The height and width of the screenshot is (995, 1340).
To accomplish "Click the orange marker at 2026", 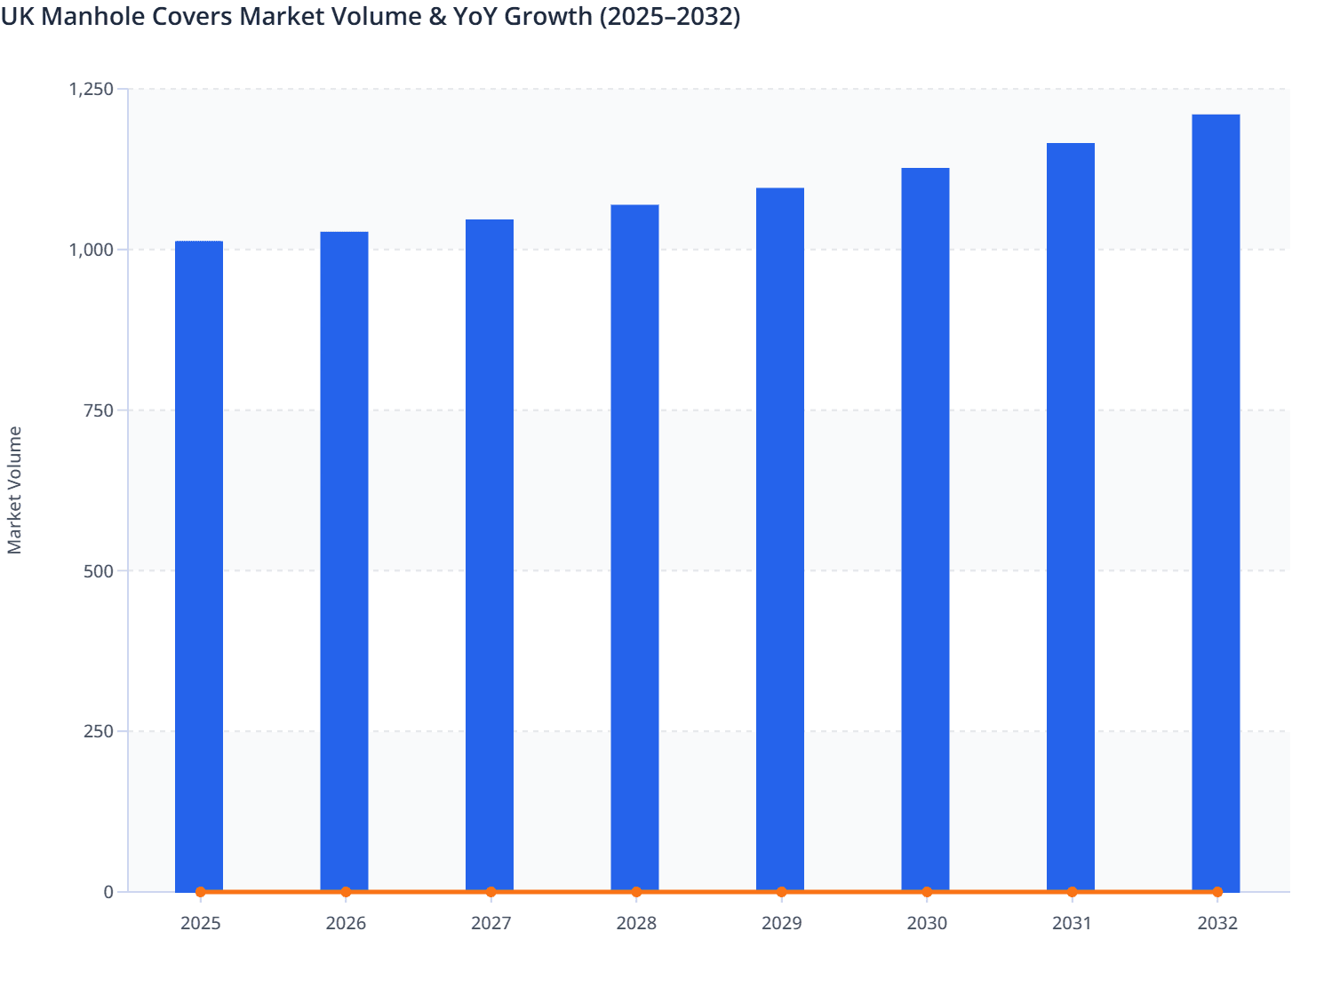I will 346,892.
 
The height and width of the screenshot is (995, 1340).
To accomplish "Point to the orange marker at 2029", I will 781,892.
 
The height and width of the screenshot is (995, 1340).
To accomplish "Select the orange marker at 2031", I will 1072,892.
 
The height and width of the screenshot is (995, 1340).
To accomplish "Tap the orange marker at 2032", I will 1217,892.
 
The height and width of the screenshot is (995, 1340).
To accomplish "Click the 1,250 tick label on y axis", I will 91,89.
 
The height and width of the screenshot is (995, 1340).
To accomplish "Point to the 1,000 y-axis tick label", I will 91,250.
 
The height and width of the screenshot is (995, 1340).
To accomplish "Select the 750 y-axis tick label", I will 99,410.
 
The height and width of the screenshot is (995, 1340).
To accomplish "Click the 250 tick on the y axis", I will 99,731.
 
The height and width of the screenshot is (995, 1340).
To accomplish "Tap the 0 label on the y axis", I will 108,892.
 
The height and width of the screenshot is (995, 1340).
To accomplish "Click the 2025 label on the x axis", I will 200,924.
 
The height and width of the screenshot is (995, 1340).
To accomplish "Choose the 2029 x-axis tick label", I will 781,924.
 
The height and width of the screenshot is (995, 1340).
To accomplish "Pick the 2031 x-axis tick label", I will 1072,924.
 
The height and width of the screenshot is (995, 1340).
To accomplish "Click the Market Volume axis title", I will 15,490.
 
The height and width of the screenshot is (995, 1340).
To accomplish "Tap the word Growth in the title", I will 548,16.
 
